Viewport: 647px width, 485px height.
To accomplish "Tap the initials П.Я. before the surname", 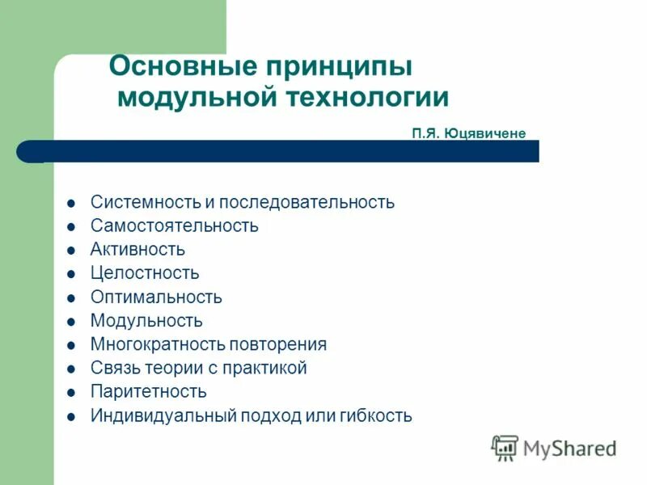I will click(425, 133).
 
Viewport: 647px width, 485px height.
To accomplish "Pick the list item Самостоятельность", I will click(175, 226).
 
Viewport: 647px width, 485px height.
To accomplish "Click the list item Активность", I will click(137, 249).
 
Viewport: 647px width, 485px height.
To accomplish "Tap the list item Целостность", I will click(145, 273).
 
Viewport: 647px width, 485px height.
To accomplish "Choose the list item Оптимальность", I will click(156, 297).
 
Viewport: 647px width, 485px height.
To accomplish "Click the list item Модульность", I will click(146, 321).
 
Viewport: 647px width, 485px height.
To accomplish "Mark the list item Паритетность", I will click(149, 392).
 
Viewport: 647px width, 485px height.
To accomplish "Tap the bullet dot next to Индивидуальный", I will click(72, 417).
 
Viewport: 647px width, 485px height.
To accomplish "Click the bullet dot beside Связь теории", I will click(72, 369).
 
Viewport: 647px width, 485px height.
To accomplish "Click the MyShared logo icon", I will click(505, 448).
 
